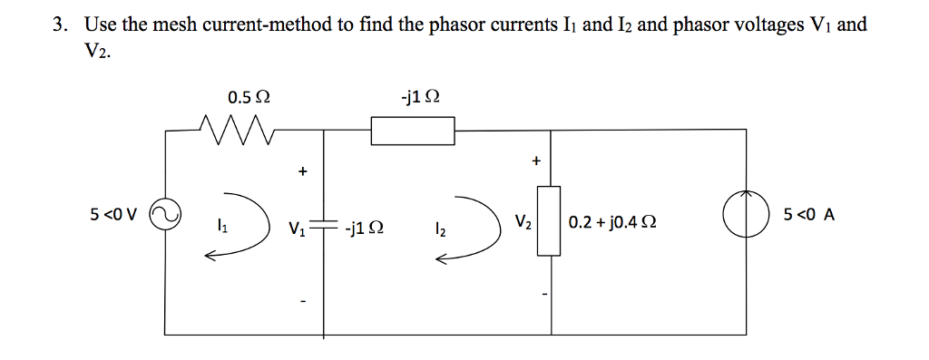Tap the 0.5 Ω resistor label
pos(249,97)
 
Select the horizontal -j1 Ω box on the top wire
pos(413,131)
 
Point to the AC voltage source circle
pos(165,218)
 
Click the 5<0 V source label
pos(115,216)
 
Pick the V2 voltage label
pos(523,222)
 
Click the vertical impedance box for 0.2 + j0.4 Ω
pos(550,220)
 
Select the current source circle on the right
pos(743,218)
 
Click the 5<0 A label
pos(809,216)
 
